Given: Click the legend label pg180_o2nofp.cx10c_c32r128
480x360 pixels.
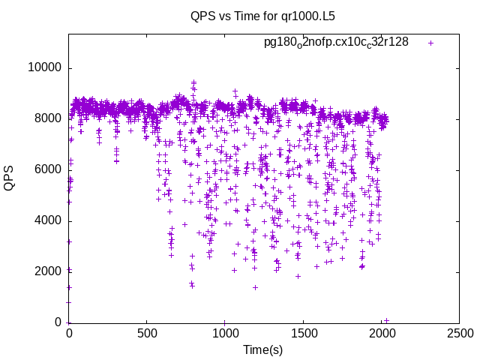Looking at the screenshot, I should click(336, 42).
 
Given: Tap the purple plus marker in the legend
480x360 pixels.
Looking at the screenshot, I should click(430, 43).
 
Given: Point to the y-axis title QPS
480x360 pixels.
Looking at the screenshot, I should click(9, 178).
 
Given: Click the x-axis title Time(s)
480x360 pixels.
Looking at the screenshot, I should click(262, 349).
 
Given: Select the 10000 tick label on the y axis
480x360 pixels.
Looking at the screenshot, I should click(45, 67).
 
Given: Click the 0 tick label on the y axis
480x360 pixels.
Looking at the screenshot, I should click(58, 322).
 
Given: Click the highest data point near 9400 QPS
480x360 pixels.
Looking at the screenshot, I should click(193, 82).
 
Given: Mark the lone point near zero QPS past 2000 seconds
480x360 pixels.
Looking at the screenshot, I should click(386, 320).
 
